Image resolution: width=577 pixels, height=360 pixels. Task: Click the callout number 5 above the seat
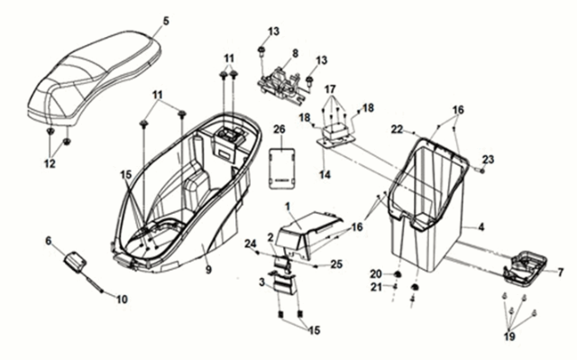pyautogui.click(x=166, y=21)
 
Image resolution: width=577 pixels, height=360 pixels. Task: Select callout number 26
pyautogui.click(x=279, y=130)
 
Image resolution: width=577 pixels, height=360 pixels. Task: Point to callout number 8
pyautogui.click(x=293, y=54)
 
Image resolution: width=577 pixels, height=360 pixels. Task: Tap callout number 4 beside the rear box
pyautogui.click(x=481, y=229)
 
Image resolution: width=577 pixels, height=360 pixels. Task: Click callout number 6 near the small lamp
pyautogui.click(x=50, y=241)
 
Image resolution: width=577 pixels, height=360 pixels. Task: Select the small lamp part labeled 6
pyautogui.click(x=75, y=263)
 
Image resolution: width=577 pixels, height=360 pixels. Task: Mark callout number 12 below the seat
pyautogui.click(x=50, y=163)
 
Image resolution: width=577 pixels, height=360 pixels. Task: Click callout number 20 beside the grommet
pyautogui.click(x=375, y=273)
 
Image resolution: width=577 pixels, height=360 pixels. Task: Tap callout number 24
pyautogui.click(x=251, y=242)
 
